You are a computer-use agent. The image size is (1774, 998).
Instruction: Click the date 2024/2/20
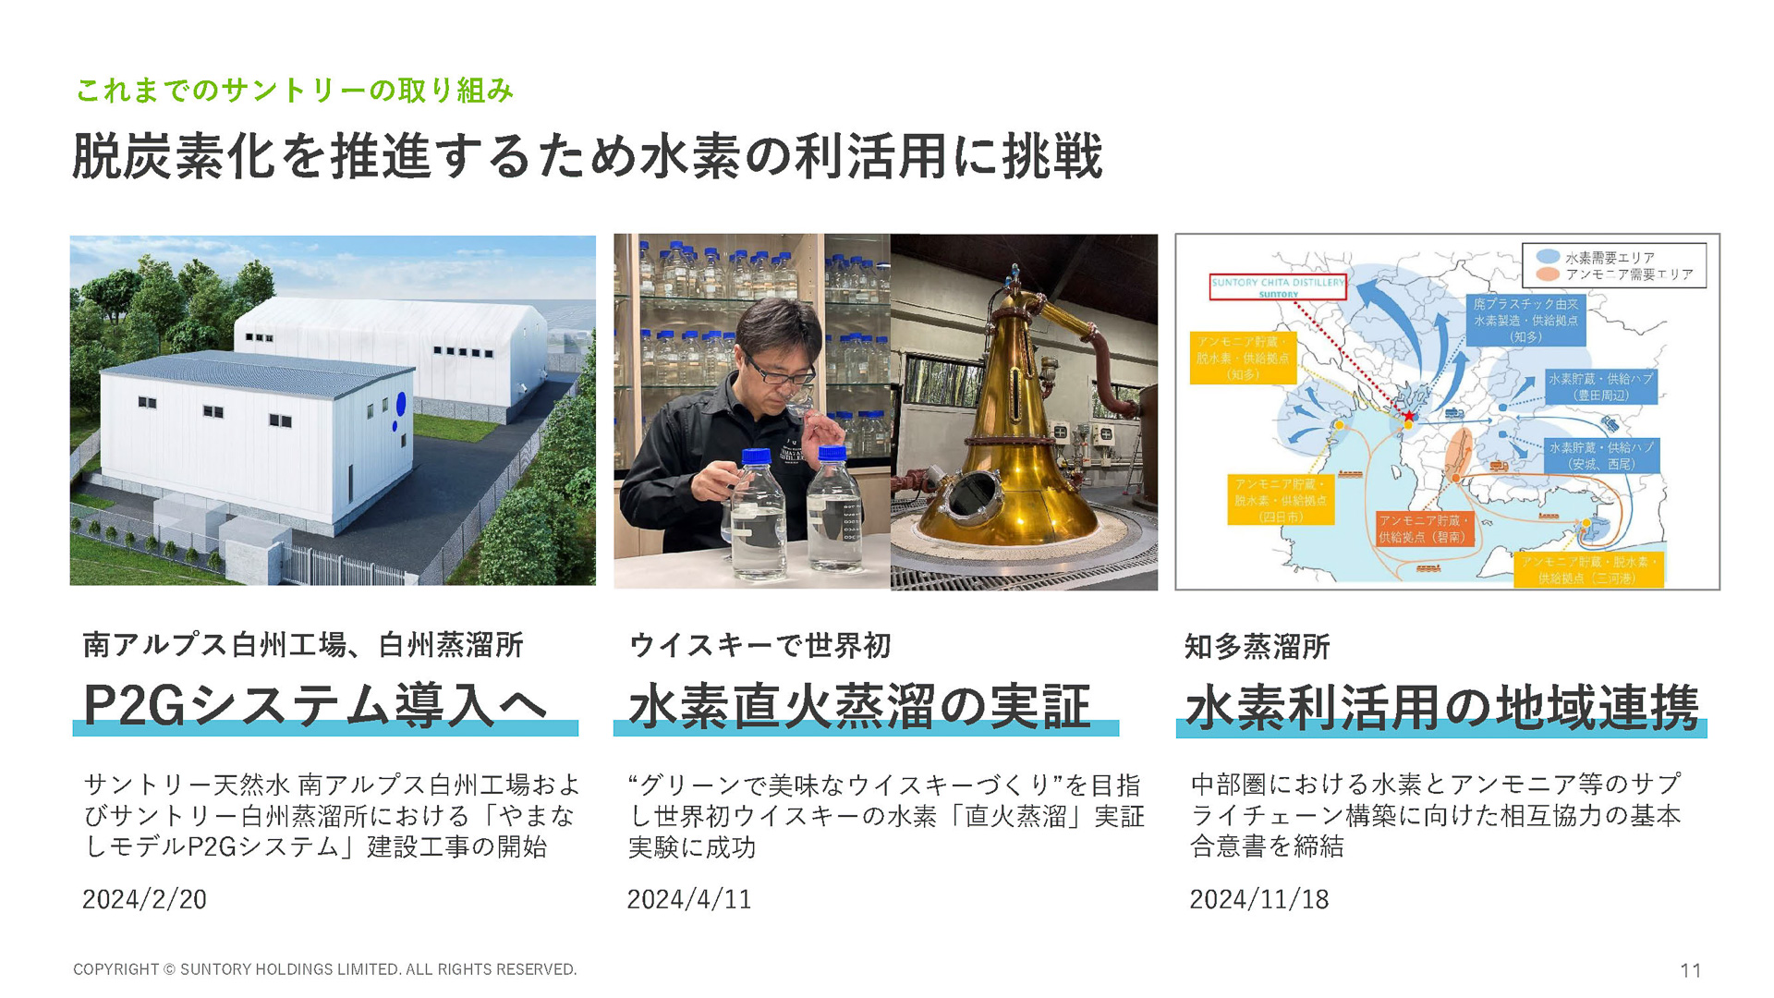coord(144,899)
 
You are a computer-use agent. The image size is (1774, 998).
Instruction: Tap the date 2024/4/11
coord(688,899)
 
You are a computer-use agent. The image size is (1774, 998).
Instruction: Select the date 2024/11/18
coord(1258,899)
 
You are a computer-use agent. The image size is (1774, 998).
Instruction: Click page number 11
coord(1690,970)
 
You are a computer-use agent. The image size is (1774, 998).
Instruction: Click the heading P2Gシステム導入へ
coord(314,705)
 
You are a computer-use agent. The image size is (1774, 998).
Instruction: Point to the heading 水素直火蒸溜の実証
coord(859,707)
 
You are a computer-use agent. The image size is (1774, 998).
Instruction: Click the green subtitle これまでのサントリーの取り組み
coord(294,91)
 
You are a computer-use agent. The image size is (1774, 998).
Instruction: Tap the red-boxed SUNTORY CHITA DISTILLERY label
coord(1278,286)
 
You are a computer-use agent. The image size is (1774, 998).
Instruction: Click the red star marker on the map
coord(1409,417)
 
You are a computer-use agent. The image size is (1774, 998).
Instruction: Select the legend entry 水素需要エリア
coord(1610,258)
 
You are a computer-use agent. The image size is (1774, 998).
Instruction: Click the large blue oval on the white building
coord(401,404)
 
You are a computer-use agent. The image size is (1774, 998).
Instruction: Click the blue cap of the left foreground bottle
coord(756,456)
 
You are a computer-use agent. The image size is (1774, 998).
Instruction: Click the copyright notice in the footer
coord(324,969)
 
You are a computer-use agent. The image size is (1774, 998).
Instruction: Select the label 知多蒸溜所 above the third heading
coord(1257,647)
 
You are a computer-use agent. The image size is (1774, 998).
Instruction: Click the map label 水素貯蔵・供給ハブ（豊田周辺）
coord(1600,386)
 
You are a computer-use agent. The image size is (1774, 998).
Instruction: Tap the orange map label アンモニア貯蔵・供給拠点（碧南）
coord(1421,529)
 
